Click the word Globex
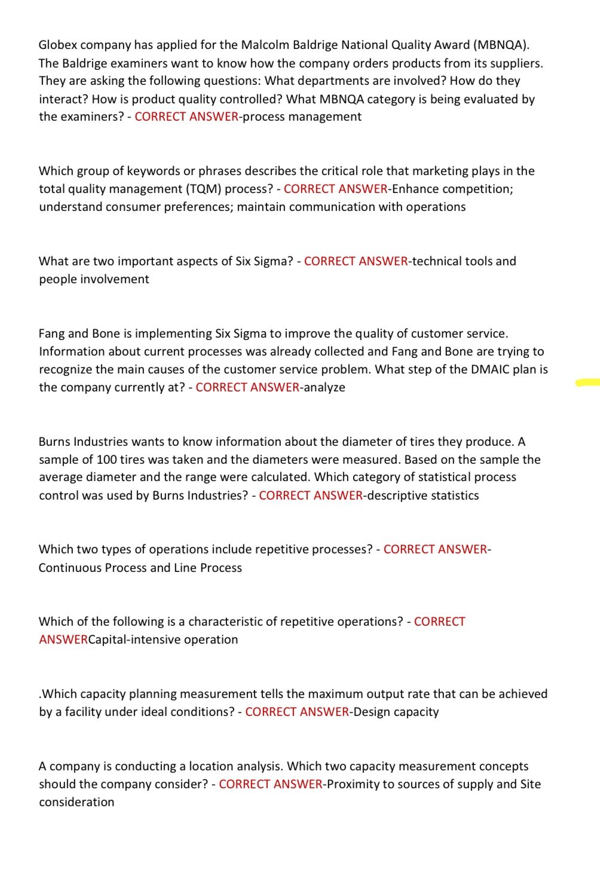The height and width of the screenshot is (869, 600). (x=59, y=45)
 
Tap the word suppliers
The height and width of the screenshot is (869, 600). (x=516, y=63)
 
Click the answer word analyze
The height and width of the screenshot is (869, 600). (x=325, y=387)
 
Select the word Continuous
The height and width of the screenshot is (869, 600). (x=70, y=568)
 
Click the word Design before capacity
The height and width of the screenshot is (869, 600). (x=373, y=712)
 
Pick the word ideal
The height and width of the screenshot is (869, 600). (x=191, y=712)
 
